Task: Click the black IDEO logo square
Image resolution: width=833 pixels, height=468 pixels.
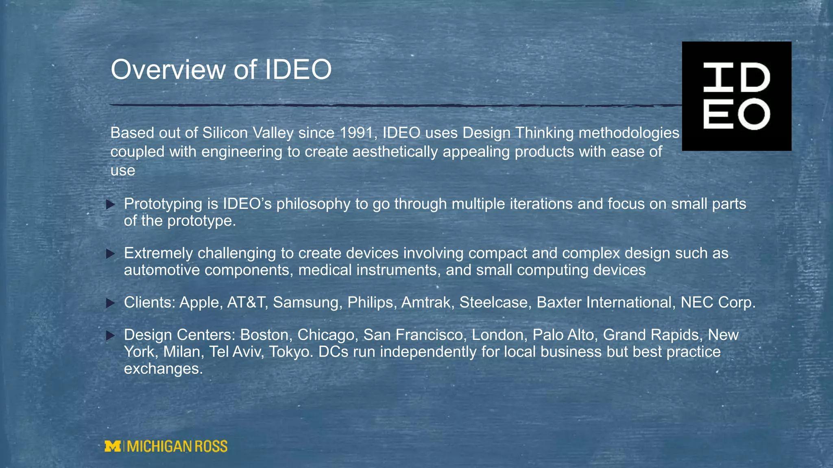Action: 736,96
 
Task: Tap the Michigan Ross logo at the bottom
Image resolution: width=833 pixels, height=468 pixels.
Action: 166,446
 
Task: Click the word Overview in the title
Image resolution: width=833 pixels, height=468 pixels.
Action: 168,69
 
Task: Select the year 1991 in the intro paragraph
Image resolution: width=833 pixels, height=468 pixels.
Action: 355,133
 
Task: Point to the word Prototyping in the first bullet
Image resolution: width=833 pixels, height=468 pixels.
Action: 163,204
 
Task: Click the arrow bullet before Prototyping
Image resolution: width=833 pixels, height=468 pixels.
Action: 110,204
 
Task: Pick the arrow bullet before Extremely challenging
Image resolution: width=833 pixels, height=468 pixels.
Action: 110,254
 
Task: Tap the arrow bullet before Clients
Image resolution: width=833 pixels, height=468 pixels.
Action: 110,303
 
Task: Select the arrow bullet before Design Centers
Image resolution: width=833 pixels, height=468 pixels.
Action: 110,336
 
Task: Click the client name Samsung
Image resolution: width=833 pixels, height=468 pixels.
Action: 307,303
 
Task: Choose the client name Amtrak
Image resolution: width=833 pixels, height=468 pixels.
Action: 427,303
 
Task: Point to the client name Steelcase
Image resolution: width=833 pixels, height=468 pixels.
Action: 493,303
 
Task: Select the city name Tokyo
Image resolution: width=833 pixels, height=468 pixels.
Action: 291,352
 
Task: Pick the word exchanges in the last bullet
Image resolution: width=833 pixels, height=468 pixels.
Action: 163,369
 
